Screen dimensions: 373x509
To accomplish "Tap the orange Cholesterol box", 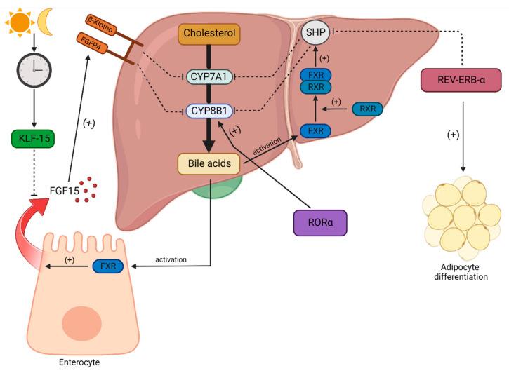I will [x=209, y=32].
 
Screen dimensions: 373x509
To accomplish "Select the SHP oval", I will [x=315, y=31].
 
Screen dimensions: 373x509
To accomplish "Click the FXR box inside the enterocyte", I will [x=107, y=266].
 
